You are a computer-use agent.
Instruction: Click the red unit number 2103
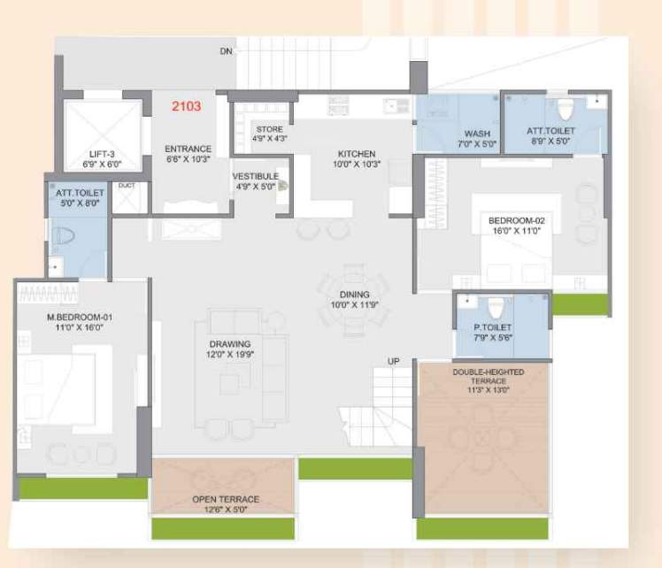186,106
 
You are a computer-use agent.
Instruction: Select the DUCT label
127,185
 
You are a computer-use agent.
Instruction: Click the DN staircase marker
226,51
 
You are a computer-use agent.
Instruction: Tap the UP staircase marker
394,361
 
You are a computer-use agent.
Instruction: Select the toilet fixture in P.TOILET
496,307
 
